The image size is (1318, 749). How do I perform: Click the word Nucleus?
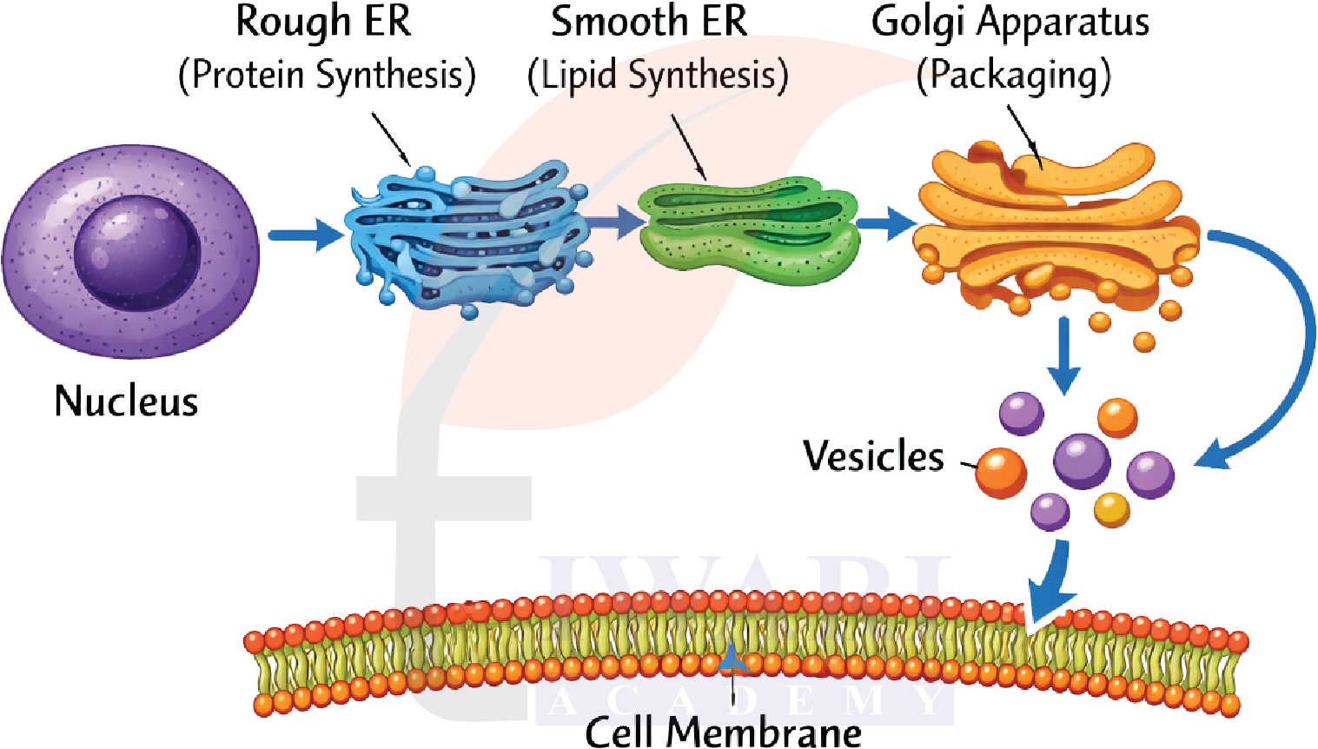click(x=126, y=401)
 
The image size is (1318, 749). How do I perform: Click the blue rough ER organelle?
click(x=469, y=236)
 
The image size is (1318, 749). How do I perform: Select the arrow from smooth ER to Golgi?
click(x=886, y=223)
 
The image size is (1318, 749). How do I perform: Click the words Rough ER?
click(x=323, y=23)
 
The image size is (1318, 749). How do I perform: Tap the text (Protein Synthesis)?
click(x=327, y=75)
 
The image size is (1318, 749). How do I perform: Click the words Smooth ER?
click(x=648, y=23)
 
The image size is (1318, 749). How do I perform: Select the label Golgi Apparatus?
click(x=1010, y=23)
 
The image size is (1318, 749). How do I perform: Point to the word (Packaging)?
click(x=1014, y=76)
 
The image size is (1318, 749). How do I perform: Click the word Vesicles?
click(x=873, y=456)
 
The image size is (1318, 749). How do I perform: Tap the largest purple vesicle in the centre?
click(x=1082, y=461)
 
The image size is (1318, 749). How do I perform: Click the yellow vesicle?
click(x=1111, y=510)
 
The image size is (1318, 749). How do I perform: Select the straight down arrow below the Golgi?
click(x=1063, y=356)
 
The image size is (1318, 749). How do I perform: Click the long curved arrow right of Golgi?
click(x=1286, y=348)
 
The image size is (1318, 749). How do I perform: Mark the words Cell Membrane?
click(x=723, y=732)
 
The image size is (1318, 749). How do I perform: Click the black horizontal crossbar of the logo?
click(x=443, y=499)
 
